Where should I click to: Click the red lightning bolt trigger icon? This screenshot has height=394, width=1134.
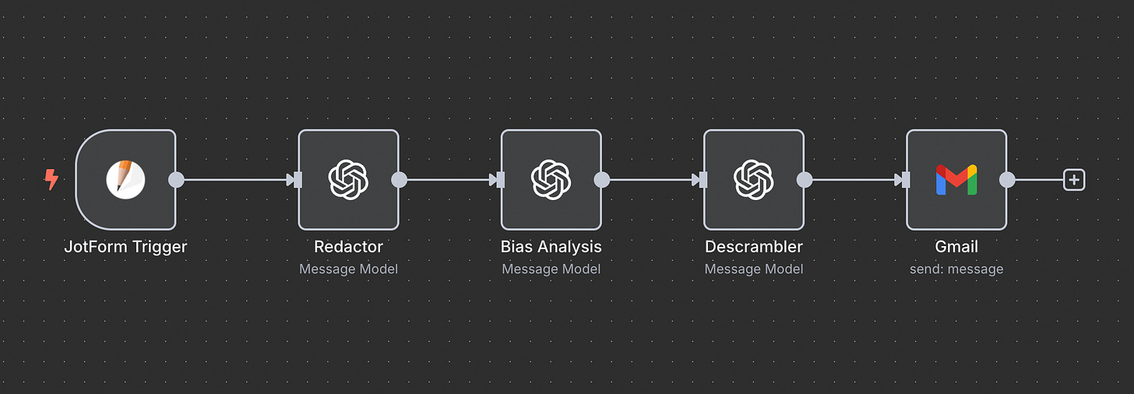[x=51, y=180]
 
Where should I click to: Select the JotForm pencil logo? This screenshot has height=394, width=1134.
[x=125, y=179]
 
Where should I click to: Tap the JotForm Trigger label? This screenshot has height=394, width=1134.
[x=125, y=247]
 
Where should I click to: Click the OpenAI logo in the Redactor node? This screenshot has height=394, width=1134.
[x=348, y=179]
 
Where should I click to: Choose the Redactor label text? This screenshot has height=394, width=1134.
[x=348, y=247]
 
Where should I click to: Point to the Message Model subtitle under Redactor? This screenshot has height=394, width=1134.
[x=348, y=269]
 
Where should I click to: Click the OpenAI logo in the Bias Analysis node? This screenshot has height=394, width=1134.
[x=551, y=179]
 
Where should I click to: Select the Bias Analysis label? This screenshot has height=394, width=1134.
[x=551, y=247]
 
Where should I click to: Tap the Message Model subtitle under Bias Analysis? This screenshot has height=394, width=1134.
[x=551, y=269]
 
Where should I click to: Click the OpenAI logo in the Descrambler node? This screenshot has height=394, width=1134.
[x=753, y=179]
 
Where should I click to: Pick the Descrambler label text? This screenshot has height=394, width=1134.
[x=753, y=247]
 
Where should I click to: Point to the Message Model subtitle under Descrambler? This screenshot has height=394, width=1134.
[x=753, y=269]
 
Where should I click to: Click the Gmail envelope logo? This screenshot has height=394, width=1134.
[x=956, y=180]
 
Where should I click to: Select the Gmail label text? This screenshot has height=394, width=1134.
[x=956, y=247]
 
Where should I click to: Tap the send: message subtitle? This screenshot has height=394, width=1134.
[x=956, y=269]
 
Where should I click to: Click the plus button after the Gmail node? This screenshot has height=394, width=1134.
[x=1074, y=180]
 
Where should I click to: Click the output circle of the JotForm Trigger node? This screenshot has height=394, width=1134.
[x=177, y=180]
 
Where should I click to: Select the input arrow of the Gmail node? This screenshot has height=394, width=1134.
[x=903, y=180]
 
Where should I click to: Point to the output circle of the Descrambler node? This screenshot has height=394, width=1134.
[x=805, y=180]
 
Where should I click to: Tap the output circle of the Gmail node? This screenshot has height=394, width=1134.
[x=1007, y=180]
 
